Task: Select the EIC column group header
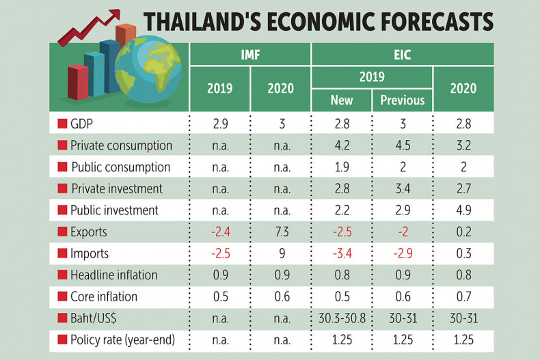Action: click(402, 53)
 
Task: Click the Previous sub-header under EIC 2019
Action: click(402, 100)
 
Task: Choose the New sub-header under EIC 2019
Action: click(341, 100)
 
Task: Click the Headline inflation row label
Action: click(113, 275)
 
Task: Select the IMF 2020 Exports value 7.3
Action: click(281, 232)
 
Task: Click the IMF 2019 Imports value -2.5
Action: click(219, 254)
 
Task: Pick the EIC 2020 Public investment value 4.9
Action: click(463, 210)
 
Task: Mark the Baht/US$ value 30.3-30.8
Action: click(341, 318)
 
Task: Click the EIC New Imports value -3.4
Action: click(341, 254)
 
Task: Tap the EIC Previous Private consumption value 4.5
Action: click(402, 146)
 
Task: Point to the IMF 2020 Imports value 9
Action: click(281, 254)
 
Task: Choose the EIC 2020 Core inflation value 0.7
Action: click(463, 297)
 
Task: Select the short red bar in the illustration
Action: click(78, 83)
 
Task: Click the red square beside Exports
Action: click(62, 232)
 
